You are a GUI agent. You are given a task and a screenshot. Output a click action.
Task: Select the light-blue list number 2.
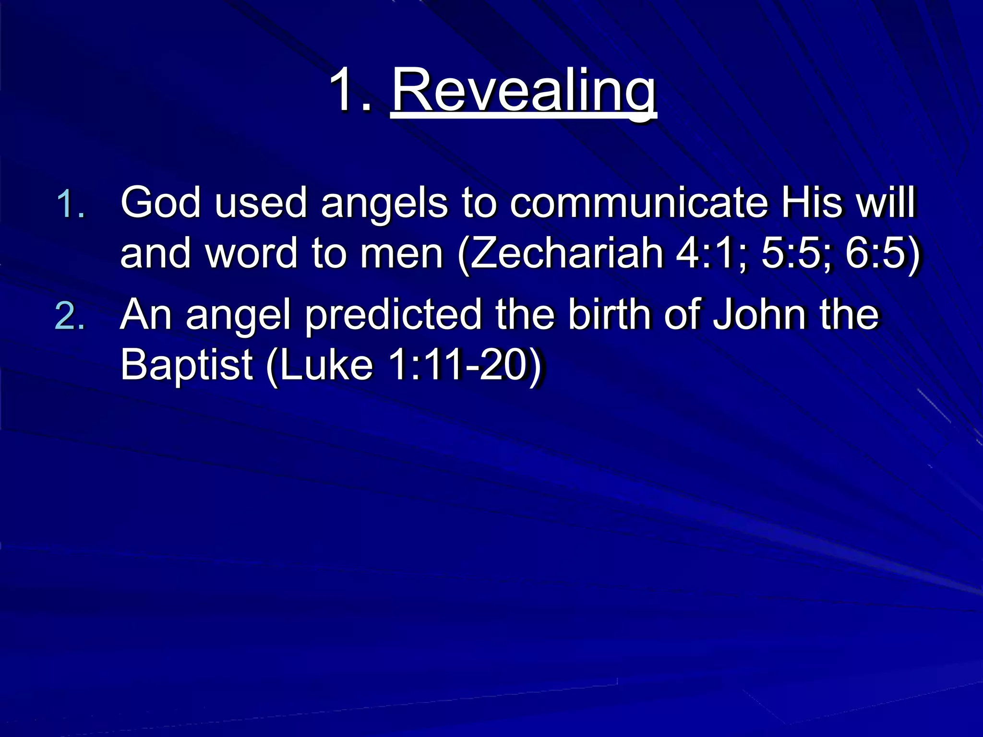[70, 317]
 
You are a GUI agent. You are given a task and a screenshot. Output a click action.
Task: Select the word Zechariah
[566, 253]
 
